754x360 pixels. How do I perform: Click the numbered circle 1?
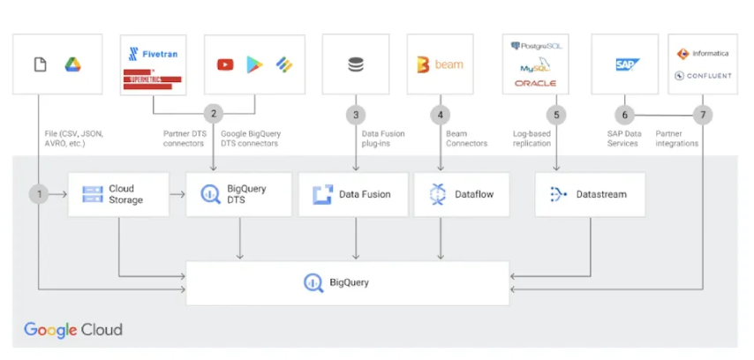click(x=38, y=193)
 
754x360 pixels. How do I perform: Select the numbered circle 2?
click(x=214, y=114)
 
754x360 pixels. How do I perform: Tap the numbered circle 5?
click(x=556, y=114)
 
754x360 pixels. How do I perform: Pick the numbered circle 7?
click(x=703, y=114)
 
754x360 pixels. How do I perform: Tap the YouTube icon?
click(x=225, y=64)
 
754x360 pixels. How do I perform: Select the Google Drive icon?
click(x=72, y=64)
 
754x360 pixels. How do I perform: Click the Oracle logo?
click(x=535, y=83)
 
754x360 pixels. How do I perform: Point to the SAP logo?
click(x=628, y=64)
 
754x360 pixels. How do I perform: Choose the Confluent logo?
click(x=703, y=76)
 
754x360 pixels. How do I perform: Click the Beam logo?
click(x=440, y=64)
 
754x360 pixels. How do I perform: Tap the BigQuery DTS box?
click(x=238, y=194)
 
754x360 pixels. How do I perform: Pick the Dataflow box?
click(x=462, y=194)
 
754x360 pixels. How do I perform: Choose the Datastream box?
click(x=589, y=194)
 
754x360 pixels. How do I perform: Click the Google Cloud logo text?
click(x=73, y=330)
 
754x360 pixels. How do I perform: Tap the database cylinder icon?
click(x=356, y=64)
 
